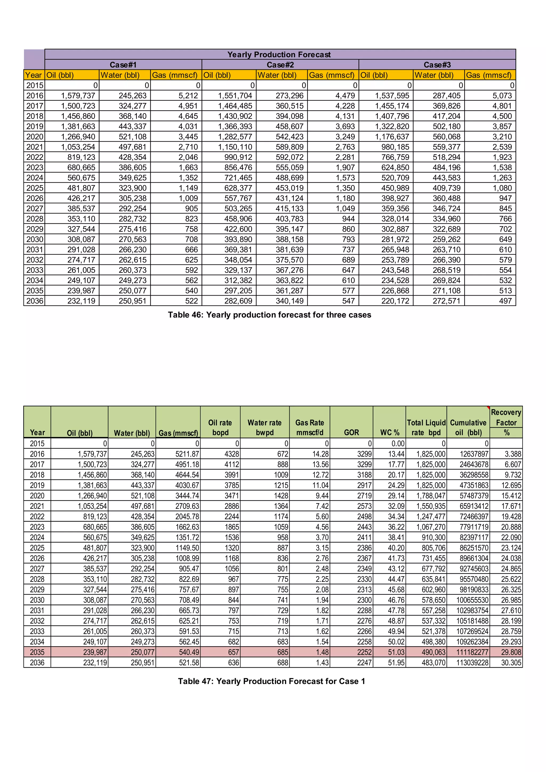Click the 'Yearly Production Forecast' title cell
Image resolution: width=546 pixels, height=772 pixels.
[279, 54]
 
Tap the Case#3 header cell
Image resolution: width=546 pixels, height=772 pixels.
[437, 65]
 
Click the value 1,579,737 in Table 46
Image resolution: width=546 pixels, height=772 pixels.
[78, 96]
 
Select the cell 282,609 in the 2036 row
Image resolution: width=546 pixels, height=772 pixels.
[238, 301]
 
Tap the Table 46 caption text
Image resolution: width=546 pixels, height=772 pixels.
[269, 315]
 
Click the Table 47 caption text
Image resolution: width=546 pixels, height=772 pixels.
[271, 681]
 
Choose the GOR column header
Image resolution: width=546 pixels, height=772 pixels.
[351, 432]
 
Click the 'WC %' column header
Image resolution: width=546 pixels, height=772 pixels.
[390, 432]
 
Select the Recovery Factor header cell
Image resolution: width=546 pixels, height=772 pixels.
[506, 417]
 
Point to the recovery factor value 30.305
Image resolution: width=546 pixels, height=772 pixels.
[511, 662]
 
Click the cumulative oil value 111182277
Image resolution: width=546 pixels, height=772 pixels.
[472, 652]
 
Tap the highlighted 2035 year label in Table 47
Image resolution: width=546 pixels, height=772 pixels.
[37, 652]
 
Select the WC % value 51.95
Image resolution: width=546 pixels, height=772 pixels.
[396, 662]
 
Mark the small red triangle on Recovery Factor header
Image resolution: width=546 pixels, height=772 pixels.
[488, 408]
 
